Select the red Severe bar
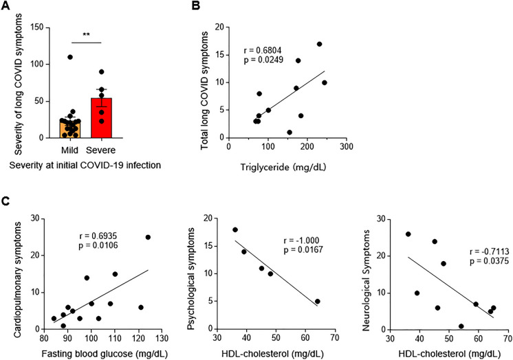tap(101, 117)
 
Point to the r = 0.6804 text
tap(263, 51)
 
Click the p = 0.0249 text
tap(263, 63)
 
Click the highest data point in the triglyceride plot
tap(319, 44)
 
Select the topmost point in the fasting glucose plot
tap(148, 237)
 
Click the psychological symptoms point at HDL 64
tap(316, 301)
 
